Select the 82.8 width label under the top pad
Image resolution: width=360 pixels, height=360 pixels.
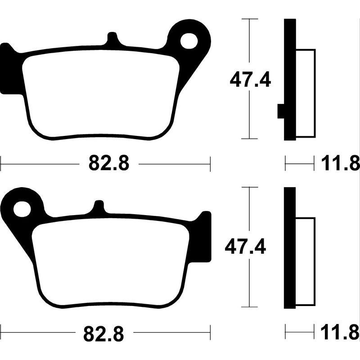click(109, 164)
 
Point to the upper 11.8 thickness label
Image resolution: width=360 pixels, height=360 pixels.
click(340, 164)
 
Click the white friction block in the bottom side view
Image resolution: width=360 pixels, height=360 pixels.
click(306, 261)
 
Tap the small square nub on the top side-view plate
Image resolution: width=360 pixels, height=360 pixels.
click(281, 111)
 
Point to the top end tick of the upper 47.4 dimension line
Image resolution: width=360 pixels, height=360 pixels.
click(250, 19)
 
